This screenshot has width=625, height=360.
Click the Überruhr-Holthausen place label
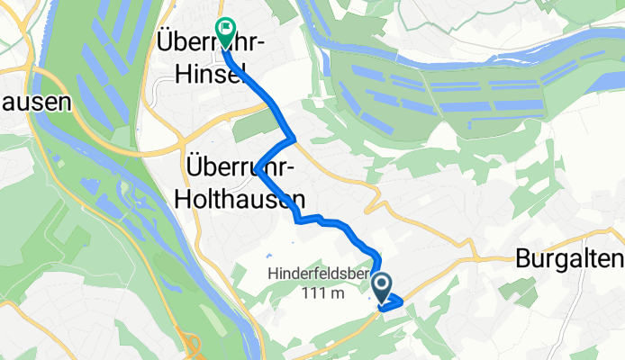242,181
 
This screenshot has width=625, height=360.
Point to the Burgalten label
570,260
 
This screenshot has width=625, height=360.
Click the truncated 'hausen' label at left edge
34,102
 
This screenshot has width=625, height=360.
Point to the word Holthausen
242,195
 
